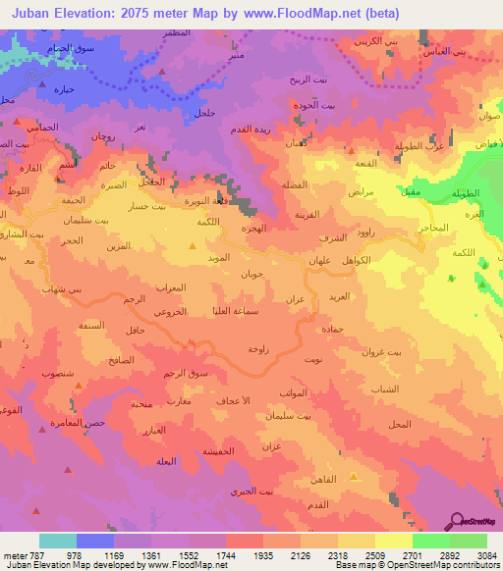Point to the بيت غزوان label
point(382,351)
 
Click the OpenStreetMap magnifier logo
point(458,521)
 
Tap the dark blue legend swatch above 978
point(95,541)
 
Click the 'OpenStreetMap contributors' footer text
point(448,566)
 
